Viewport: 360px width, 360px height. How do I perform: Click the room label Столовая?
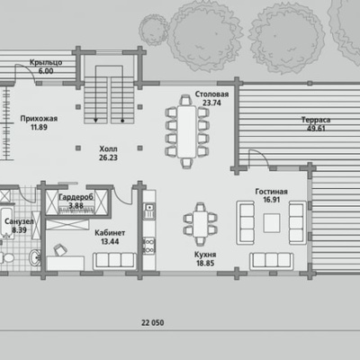tap(211, 94)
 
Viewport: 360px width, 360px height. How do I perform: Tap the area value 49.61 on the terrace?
tap(316, 129)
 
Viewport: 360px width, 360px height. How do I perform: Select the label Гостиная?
tap(271, 192)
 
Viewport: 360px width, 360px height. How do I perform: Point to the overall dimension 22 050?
tap(153, 323)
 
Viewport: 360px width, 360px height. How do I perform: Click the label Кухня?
tap(205, 255)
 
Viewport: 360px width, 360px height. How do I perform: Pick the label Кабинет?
tap(110, 233)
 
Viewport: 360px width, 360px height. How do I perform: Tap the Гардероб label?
tap(76, 197)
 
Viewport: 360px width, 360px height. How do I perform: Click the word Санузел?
tap(19, 221)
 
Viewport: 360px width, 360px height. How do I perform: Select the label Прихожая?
tap(39, 119)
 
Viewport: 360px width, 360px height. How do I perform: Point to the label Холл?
tap(108, 148)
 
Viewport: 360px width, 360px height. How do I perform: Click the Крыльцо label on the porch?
tap(46, 62)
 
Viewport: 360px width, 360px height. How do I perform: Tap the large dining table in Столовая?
tap(186, 131)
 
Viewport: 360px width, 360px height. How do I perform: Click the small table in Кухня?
tap(200, 224)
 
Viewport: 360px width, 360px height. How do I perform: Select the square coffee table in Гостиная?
tap(272, 223)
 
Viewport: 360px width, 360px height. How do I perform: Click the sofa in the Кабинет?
tap(114, 261)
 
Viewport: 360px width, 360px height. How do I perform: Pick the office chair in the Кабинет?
tap(60, 249)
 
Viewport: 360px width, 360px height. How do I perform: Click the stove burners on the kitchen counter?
tap(149, 246)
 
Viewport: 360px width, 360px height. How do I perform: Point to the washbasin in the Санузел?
tap(36, 257)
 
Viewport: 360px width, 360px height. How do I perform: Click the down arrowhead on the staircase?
tap(95, 121)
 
